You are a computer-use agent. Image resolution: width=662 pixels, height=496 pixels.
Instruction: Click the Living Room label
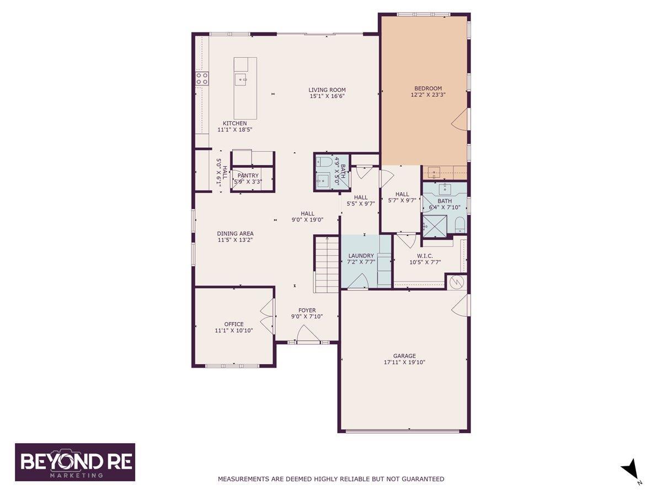[x=327, y=90]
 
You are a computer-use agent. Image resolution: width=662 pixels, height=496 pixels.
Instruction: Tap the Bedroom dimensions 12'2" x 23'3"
[x=428, y=95]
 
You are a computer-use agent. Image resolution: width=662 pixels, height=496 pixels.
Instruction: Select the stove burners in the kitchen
[x=202, y=79]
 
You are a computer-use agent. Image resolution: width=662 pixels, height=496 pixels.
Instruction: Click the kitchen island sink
[x=241, y=80]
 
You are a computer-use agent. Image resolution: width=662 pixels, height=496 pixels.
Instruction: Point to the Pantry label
[x=248, y=176]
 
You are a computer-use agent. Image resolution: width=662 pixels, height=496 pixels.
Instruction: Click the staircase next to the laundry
[x=327, y=265]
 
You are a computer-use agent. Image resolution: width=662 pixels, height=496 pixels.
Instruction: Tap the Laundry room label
[x=361, y=256]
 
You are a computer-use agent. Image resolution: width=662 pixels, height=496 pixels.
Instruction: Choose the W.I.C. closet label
[x=425, y=256]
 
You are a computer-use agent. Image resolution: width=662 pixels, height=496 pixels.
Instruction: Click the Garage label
[x=404, y=355]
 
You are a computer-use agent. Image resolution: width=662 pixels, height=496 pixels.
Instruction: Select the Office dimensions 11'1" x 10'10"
[x=234, y=330]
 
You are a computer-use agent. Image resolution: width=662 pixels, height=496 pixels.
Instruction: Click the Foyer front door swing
[x=307, y=333]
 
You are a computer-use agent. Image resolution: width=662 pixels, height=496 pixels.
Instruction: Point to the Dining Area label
[x=235, y=233]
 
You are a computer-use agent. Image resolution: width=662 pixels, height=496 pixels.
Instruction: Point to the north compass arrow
[x=628, y=476]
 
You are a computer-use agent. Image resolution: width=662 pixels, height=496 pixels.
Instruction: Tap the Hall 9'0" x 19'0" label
[x=307, y=217]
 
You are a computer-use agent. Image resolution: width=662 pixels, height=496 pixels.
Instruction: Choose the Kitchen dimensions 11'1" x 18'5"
[x=234, y=130]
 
